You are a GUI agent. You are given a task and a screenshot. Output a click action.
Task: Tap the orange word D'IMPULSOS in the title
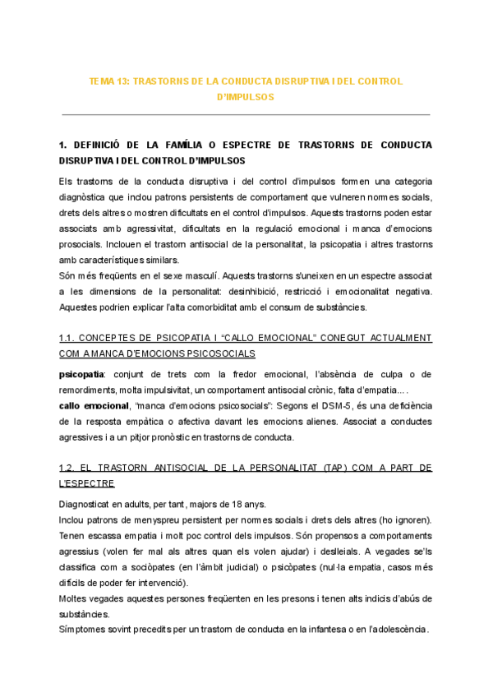246,97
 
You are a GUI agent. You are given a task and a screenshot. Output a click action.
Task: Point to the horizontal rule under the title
246,114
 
